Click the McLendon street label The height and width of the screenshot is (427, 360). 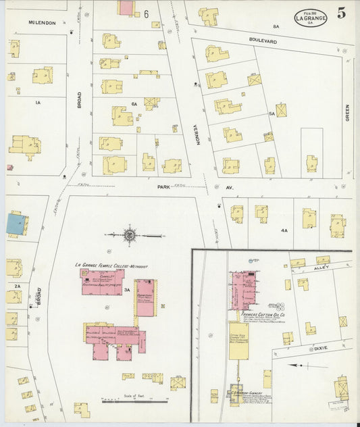[41, 22]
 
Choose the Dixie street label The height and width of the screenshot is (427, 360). [320, 348]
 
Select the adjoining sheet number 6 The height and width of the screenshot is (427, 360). [146, 14]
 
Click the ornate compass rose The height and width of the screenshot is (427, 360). [129, 236]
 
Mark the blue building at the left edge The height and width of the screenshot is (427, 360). [14, 224]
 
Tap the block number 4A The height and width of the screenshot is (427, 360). [284, 230]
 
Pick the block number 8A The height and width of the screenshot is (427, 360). [276, 26]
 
